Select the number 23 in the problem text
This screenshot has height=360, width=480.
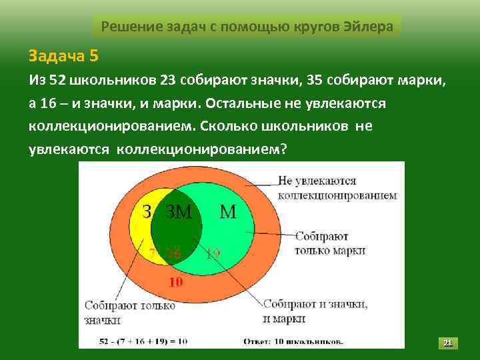coord(168,81)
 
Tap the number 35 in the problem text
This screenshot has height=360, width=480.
coord(316,81)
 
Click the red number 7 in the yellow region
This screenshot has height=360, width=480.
coord(152,253)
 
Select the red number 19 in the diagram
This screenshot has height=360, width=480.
coord(213,253)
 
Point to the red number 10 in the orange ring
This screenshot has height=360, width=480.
coord(175,282)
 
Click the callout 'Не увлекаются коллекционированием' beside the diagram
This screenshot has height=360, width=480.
coord(337,188)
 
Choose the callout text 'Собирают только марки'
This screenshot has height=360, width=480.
coord(331,243)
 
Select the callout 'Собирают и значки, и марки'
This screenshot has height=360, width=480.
coord(315,311)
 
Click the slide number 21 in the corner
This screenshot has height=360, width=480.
coord(448,343)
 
